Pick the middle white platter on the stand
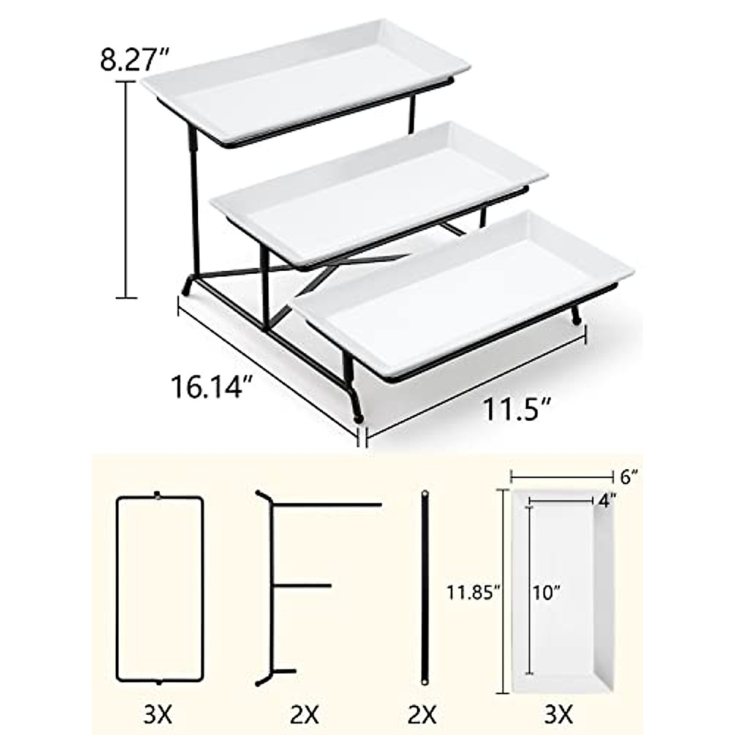[x=380, y=190]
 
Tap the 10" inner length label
[x=545, y=592]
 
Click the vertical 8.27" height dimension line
[x=127, y=190]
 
